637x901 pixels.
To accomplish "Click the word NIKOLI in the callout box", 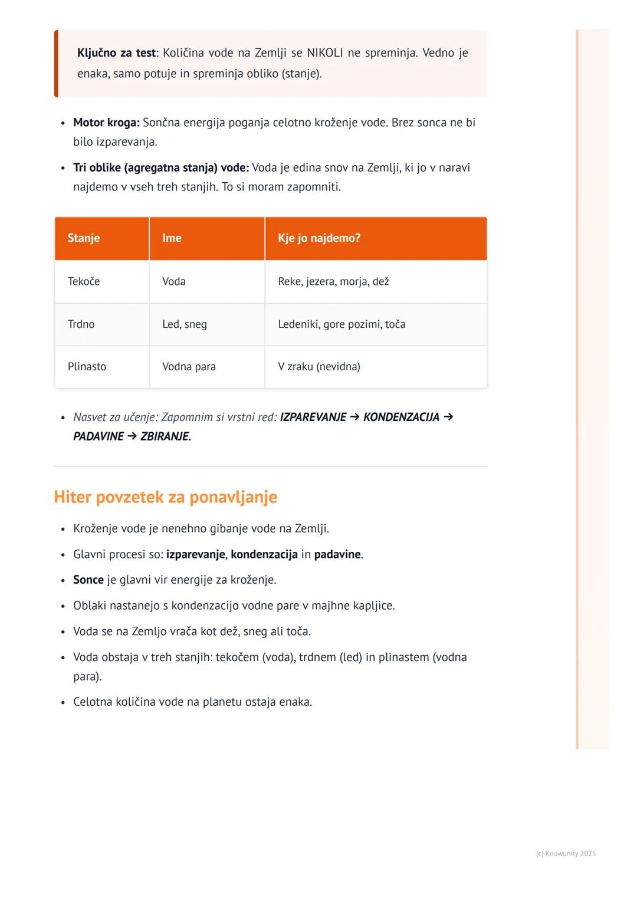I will coord(324,53).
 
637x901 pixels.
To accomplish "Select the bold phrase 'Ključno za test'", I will coord(116,53).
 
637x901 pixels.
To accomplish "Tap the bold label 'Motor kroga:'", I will coord(106,123).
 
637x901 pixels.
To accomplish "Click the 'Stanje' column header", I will coord(84,238).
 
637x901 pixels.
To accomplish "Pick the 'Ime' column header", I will coord(172,238).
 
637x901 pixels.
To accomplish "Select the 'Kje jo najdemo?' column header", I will coord(319,238).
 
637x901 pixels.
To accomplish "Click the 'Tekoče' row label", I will coord(84,281).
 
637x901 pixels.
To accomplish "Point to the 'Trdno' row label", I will coord(81,324).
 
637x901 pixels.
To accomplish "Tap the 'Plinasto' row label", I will coord(87,367).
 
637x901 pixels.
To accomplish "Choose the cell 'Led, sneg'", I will coord(185,324).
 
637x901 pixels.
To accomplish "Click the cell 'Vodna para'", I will coord(189,367).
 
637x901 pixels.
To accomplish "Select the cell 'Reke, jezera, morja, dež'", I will coord(333,281).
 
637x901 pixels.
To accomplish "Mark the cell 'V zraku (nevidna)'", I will coord(319,367).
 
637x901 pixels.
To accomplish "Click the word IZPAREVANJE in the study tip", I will coord(313,417).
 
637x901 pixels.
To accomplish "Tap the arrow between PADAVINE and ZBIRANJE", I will coord(132,436).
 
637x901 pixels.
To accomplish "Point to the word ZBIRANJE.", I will coord(165,437).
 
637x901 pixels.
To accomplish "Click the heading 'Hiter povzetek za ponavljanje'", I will coord(165,497).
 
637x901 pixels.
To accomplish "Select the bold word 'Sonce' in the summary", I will coord(88,580).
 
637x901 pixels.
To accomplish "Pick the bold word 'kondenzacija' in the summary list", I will coord(264,555).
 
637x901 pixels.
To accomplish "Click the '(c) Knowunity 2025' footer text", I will coord(566,854).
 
